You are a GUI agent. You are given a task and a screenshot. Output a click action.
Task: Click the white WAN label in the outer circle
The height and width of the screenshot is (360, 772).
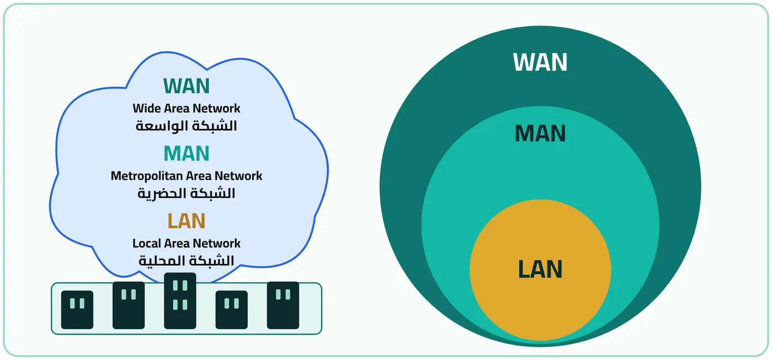point(540,62)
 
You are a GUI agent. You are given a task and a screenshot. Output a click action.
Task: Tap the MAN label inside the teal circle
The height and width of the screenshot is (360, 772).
point(540,133)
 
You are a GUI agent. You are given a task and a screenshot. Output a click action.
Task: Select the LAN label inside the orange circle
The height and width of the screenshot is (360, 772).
point(540,269)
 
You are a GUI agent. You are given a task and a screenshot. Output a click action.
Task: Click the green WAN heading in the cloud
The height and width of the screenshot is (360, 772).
point(186,86)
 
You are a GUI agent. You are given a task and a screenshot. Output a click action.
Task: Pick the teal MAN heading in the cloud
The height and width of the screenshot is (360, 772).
point(186,153)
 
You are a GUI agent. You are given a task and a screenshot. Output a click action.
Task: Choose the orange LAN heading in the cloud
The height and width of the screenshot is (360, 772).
point(186,221)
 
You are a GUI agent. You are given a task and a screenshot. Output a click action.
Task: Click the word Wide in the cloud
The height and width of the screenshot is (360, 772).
point(144,109)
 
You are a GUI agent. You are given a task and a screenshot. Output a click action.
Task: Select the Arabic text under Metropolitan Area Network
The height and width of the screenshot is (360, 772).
point(186,194)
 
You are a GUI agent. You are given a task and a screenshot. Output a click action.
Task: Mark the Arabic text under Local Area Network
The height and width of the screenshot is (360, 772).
point(186,261)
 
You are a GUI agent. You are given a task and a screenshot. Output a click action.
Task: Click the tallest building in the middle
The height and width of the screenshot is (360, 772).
point(180,301)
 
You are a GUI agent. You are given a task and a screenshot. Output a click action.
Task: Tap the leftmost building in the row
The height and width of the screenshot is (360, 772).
point(77,310)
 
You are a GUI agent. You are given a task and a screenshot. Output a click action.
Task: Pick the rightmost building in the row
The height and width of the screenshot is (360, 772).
point(283,305)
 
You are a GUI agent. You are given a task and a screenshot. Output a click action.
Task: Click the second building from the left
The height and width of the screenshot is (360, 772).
point(128,305)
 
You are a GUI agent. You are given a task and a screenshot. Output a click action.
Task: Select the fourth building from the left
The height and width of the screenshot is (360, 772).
point(232,310)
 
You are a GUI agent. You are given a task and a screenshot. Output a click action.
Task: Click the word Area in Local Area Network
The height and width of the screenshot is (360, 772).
point(175,244)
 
